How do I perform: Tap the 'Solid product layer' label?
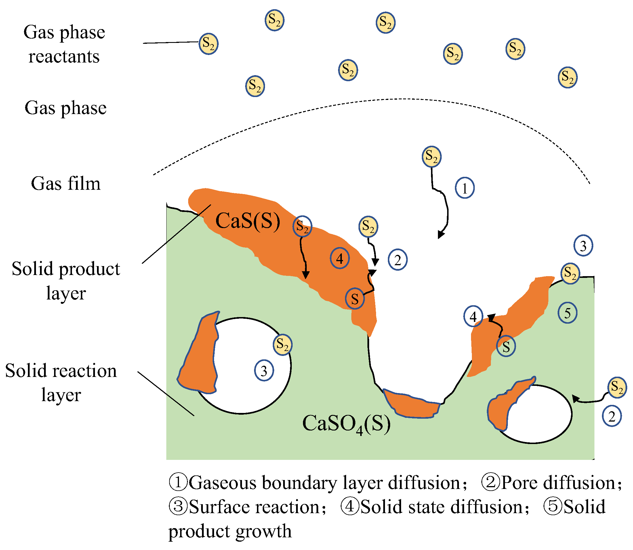point(66,281)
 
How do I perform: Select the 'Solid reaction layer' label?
point(61,382)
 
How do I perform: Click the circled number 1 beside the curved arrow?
point(465,188)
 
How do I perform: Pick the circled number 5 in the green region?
point(567,313)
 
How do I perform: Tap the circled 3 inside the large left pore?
point(264,371)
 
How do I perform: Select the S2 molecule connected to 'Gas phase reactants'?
point(209,44)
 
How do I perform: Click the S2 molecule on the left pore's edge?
point(283,345)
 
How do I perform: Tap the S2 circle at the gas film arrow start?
point(432,157)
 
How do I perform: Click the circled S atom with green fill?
point(506,346)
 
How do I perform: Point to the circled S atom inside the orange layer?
point(355,299)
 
